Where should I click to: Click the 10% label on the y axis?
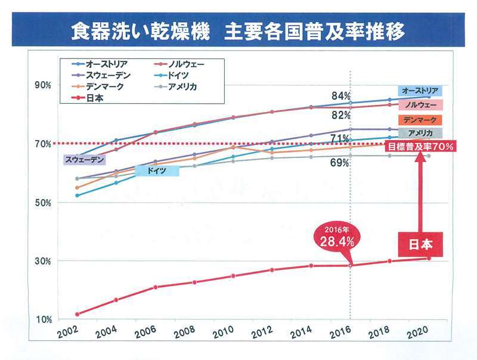point(44,319)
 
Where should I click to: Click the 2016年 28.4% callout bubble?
point(336,238)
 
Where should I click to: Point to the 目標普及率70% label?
point(421,145)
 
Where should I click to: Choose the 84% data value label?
point(341,96)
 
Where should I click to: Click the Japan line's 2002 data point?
point(78,314)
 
